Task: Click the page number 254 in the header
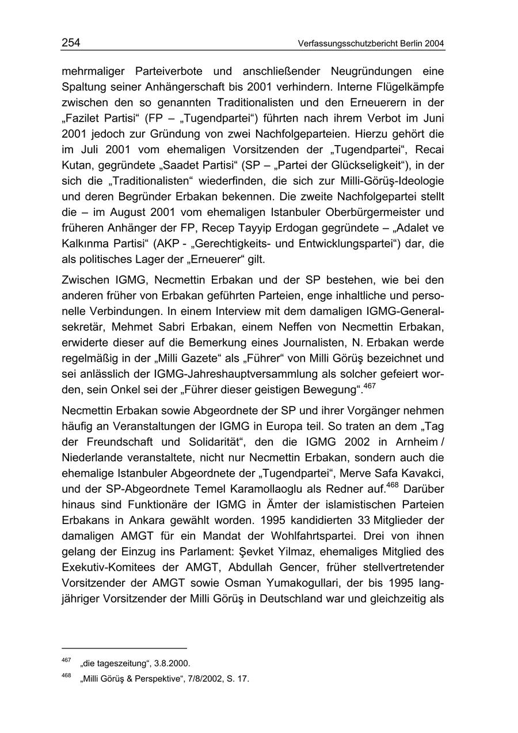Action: pos(70,43)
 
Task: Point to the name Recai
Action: pos(429,149)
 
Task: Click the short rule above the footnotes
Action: pos(124,648)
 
